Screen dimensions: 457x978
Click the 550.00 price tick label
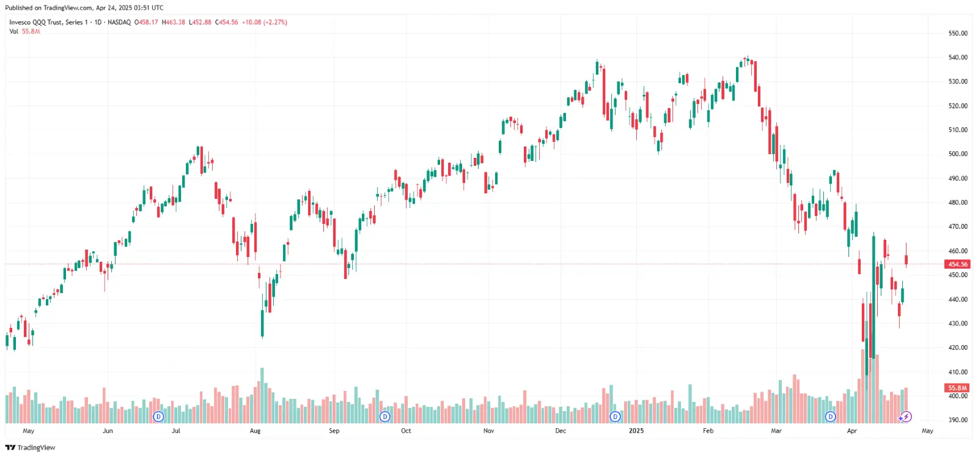pos(957,33)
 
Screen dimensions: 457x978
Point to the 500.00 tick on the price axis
pos(957,154)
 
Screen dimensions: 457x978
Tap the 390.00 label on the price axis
pos(957,420)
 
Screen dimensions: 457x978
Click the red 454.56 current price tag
pos(957,264)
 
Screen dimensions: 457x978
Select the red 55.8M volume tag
pos(957,388)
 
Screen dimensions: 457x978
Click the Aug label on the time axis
pos(255,431)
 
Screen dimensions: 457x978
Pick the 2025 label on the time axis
pos(636,431)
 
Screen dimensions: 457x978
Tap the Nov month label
pos(488,431)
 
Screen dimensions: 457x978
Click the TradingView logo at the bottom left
pos(30,448)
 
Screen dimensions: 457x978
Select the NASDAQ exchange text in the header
pos(119,22)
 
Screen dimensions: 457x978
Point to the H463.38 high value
pos(174,22)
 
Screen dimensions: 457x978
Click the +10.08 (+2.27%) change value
pos(264,22)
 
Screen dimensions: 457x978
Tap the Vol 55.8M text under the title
pos(24,31)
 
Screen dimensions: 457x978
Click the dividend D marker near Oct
pos(385,417)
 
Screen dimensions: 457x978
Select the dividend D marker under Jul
pos(158,417)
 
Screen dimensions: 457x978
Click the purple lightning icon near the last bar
pos(906,417)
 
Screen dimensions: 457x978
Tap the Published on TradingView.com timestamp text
pos(84,8)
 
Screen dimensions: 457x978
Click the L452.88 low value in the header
pos(200,22)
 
